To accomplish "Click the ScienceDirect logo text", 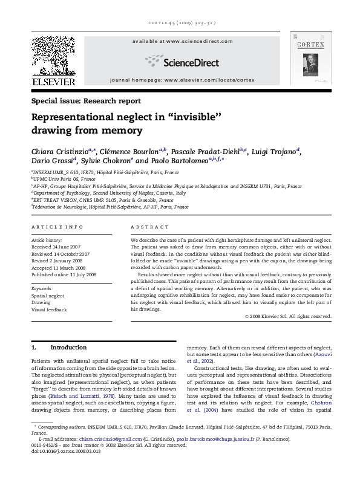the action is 180,60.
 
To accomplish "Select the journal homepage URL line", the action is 180,79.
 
